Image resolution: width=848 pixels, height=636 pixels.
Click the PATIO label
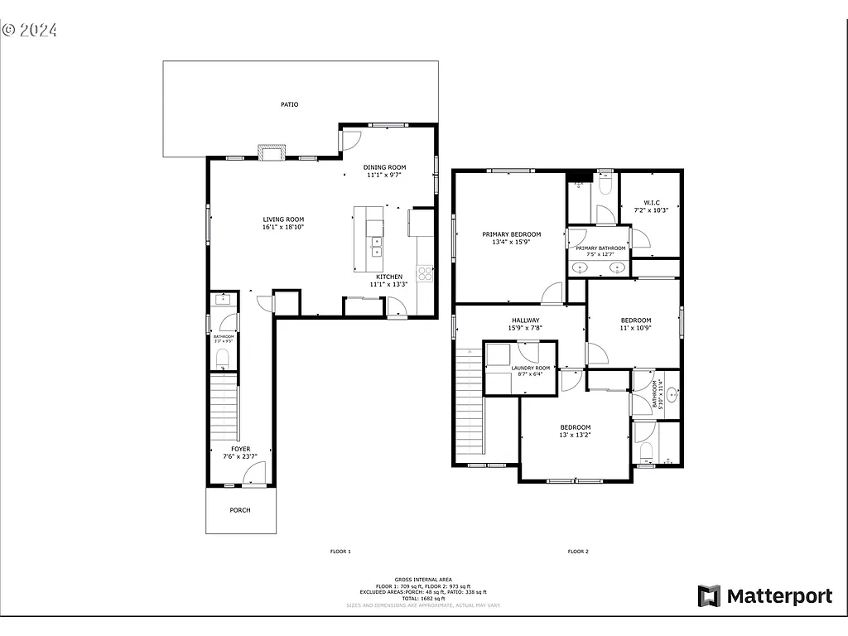pos(289,105)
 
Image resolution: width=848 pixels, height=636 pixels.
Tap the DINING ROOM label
pos(384,167)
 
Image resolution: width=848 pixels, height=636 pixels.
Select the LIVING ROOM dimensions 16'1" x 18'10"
pos(283,227)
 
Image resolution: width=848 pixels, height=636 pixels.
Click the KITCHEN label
pos(389,277)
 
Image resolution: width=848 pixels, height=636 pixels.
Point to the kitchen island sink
pos(376,246)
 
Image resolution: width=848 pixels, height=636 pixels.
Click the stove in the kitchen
pos(425,272)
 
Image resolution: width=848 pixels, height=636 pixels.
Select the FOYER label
pos(240,449)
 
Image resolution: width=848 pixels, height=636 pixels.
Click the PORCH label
pos(240,510)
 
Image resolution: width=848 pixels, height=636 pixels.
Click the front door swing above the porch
pos(255,474)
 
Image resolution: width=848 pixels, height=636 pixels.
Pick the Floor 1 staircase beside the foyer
pos(224,407)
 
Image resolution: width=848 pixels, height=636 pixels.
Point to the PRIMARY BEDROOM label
pos(511,234)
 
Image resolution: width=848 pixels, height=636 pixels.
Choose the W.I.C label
pos(651,202)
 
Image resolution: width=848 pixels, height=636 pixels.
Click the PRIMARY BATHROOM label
pos(600,248)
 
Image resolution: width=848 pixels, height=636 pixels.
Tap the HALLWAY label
pos(525,320)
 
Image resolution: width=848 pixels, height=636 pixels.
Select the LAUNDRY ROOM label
pos(530,368)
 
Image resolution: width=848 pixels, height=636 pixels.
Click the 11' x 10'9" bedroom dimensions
pos(636,328)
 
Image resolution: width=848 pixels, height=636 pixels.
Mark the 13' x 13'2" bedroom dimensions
pos(575,435)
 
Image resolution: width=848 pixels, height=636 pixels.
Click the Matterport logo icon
pos(709,595)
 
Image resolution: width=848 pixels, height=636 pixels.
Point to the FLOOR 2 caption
pos(577,551)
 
